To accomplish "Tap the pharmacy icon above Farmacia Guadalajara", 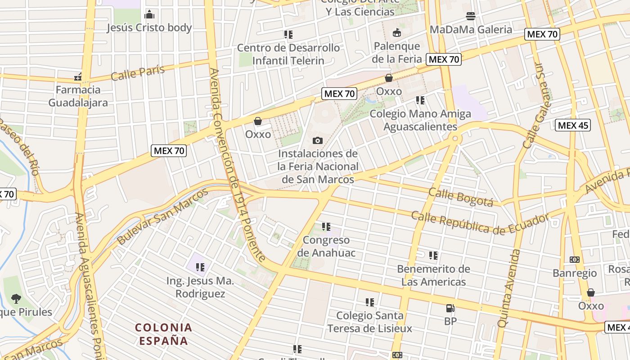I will (78, 77).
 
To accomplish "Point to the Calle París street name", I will (137, 72).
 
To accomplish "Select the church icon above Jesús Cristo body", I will (149, 14).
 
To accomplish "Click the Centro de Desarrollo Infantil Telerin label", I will (288, 54).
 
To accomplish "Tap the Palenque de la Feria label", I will (397, 52).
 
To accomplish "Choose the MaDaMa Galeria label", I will (471, 30).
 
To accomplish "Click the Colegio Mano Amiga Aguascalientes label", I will (420, 120).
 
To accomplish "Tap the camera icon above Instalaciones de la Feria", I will (318, 141).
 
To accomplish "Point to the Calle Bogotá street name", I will (461, 197).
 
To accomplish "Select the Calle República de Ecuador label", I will (480, 224).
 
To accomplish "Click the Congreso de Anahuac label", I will (326, 246).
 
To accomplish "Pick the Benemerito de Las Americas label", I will (433, 275).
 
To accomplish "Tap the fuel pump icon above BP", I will (450, 308).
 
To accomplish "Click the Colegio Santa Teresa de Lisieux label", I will (369, 322).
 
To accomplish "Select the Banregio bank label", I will (575, 273).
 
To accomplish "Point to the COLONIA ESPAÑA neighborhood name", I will (163, 334).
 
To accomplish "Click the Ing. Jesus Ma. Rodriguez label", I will (200, 287).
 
